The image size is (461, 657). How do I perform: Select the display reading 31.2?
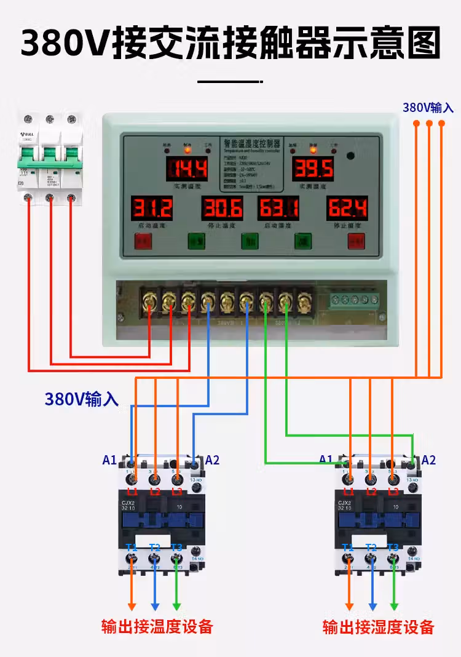[x=151, y=209]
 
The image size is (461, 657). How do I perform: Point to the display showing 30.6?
[x=222, y=209]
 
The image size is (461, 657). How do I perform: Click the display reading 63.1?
[x=278, y=209]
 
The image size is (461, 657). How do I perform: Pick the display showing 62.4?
[x=347, y=209]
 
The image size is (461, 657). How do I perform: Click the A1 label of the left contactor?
[x=109, y=460]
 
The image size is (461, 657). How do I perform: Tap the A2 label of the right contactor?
[x=428, y=460]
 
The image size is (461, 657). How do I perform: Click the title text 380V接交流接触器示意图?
[x=230, y=42]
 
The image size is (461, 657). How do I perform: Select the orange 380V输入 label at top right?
[x=428, y=108]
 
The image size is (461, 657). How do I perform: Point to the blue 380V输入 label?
[x=81, y=399]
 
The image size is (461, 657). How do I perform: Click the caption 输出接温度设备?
[x=157, y=627]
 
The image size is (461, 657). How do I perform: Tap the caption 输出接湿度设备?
[x=379, y=627]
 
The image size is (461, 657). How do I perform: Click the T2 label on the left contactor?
[x=154, y=547]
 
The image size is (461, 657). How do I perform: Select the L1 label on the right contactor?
[x=349, y=492]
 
